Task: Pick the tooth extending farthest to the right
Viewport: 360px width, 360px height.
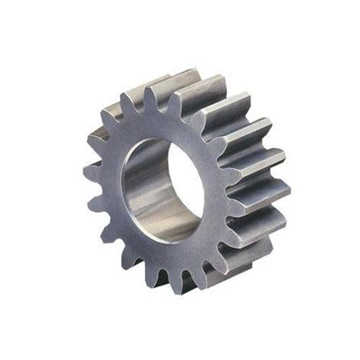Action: click(x=283, y=190)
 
